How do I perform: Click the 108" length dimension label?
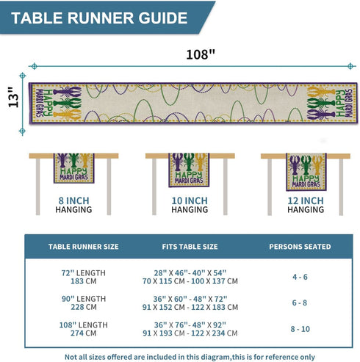click(x=201, y=54)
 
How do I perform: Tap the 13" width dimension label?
click(x=13, y=97)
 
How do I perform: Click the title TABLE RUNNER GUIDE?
click(x=99, y=18)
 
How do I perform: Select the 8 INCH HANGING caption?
click(x=73, y=205)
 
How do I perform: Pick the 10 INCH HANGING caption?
click(x=190, y=205)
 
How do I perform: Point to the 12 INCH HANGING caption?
click(x=306, y=205)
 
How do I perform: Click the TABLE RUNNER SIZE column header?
click(x=83, y=247)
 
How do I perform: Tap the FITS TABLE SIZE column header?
click(x=190, y=247)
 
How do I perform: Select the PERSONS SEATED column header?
click(x=300, y=247)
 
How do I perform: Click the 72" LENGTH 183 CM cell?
click(x=84, y=277)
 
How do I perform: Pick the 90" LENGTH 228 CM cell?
click(x=84, y=303)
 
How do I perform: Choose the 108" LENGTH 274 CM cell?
click(x=84, y=329)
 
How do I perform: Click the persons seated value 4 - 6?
click(x=300, y=277)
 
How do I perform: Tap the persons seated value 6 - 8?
click(x=300, y=303)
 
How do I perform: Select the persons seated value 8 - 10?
click(x=300, y=329)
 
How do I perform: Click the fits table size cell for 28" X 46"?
click(x=190, y=277)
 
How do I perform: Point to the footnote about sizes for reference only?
click(x=190, y=357)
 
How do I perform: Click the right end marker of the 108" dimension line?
click(x=350, y=66)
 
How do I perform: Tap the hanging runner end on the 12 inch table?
click(x=306, y=172)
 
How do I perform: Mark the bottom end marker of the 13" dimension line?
click(x=22, y=131)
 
